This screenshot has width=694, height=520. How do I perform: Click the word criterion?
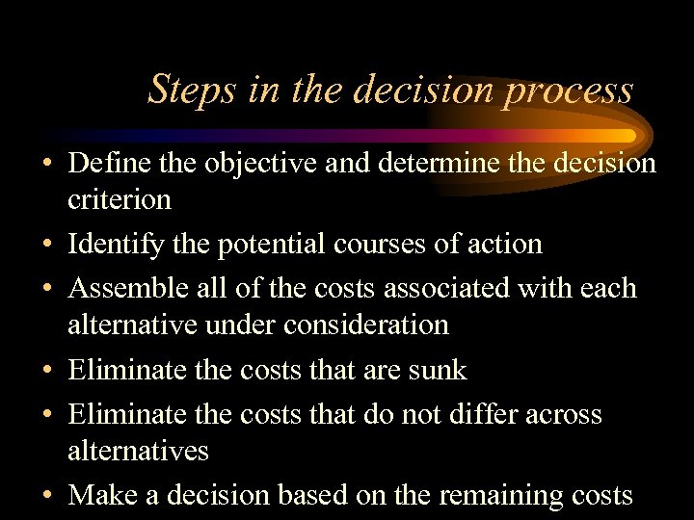click(120, 199)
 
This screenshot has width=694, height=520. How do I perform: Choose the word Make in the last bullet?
click(101, 494)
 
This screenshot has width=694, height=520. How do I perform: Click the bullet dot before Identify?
click(47, 245)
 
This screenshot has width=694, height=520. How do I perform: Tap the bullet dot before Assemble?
click(47, 289)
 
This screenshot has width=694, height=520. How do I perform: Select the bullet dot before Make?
click(47, 495)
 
